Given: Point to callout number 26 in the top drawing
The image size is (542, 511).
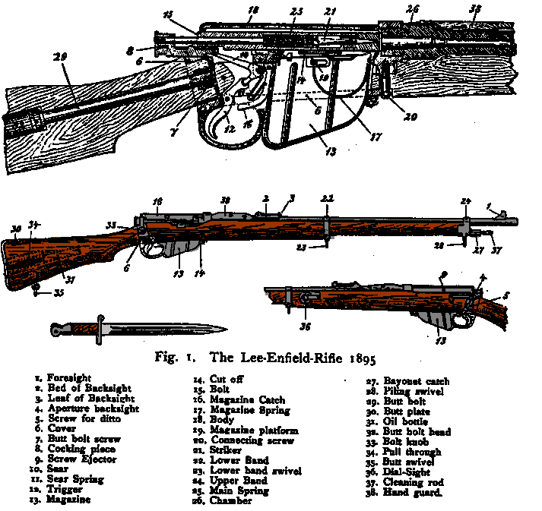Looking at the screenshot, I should click(x=412, y=10).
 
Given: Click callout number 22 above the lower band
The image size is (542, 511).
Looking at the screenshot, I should click(x=327, y=198).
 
